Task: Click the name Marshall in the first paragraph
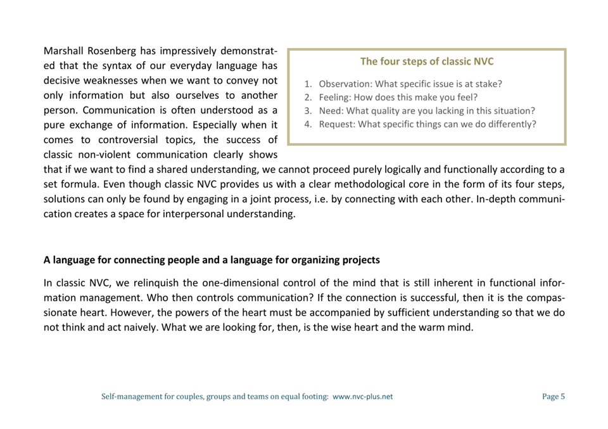(66, 50)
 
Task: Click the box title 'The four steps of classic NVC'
(426, 61)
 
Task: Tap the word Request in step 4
(337, 124)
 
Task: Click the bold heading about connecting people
(212, 260)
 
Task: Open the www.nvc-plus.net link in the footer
(362, 397)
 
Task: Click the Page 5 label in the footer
(553, 397)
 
